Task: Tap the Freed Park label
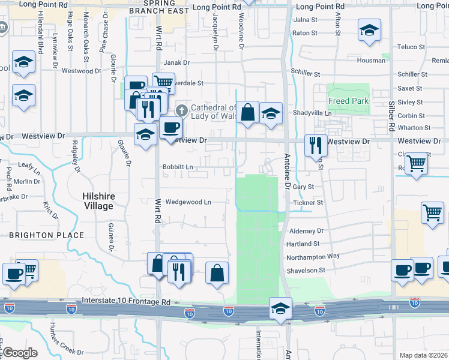tap(348, 101)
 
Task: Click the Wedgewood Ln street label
tap(188, 202)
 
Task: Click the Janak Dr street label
tap(176, 62)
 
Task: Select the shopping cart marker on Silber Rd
tap(416, 163)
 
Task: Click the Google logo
tap(20, 353)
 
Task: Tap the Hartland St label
tap(303, 244)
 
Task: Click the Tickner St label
tap(308, 203)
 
